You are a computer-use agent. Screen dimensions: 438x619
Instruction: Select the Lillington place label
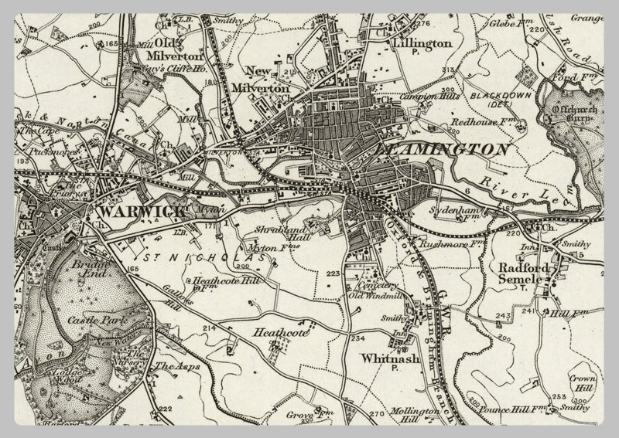click(x=422, y=44)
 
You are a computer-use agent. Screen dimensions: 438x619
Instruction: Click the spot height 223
click(x=333, y=274)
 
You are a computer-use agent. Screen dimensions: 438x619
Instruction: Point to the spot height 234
click(x=357, y=338)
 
